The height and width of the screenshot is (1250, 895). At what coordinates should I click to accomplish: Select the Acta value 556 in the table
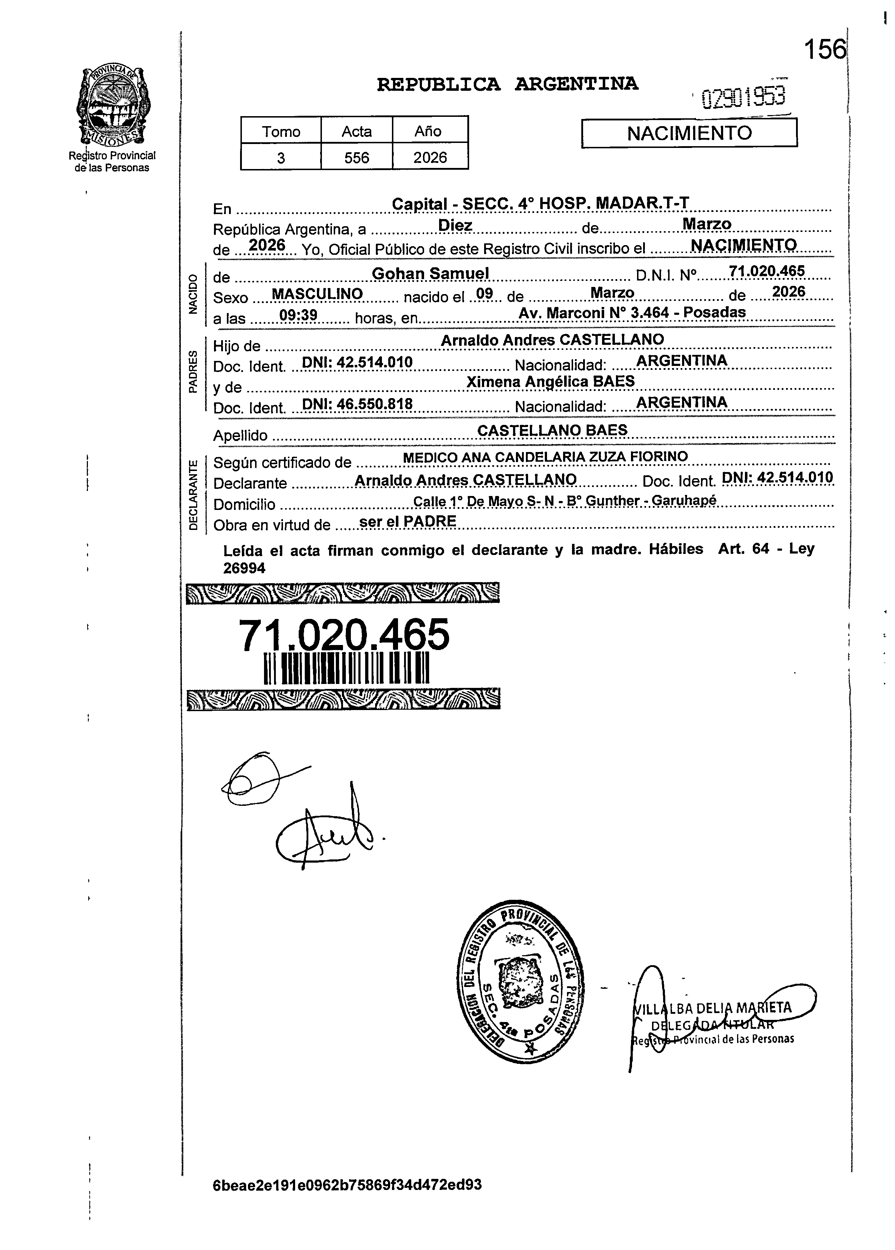click(357, 158)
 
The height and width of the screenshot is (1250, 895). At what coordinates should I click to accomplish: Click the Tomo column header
click(281, 132)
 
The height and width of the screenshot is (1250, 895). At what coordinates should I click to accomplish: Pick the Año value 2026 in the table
click(430, 158)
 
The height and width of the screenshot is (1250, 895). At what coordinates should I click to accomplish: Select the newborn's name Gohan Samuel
click(431, 273)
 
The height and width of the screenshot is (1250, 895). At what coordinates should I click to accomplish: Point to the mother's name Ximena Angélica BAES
click(550, 381)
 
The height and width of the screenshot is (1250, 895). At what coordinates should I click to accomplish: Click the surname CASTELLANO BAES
click(552, 430)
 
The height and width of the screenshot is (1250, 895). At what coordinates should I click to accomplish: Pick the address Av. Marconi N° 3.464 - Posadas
click(632, 312)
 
